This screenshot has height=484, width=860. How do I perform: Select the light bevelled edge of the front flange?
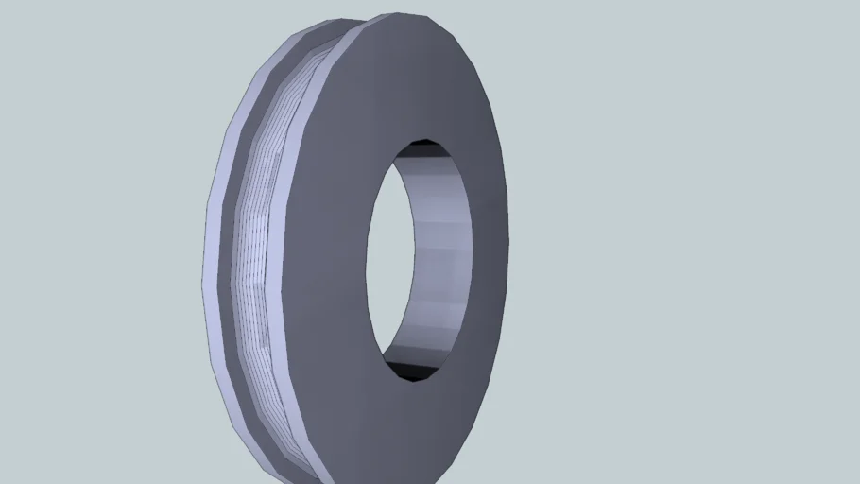click(295, 189)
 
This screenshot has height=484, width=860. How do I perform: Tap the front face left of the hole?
click(326, 255)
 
